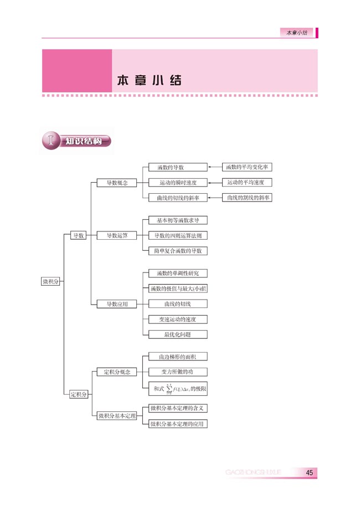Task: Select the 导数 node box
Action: click(79, 235)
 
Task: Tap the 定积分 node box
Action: click(79, 395)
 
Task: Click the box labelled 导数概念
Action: click(117, 182)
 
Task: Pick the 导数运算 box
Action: click(117, 235)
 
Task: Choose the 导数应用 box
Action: click(117, 304)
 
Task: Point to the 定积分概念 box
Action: click(117, 372)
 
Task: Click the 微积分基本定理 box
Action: click(117, 416)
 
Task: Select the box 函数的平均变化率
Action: click(247, 167)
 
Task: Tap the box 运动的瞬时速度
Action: click(178, 182)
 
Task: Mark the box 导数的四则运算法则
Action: click(178, 235)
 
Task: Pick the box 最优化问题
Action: click(178, 334)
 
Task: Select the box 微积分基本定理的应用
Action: click(178, 424)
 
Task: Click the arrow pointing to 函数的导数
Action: click(214, 167)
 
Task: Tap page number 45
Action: click(309, 472)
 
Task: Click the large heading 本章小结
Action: click(150, 79)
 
